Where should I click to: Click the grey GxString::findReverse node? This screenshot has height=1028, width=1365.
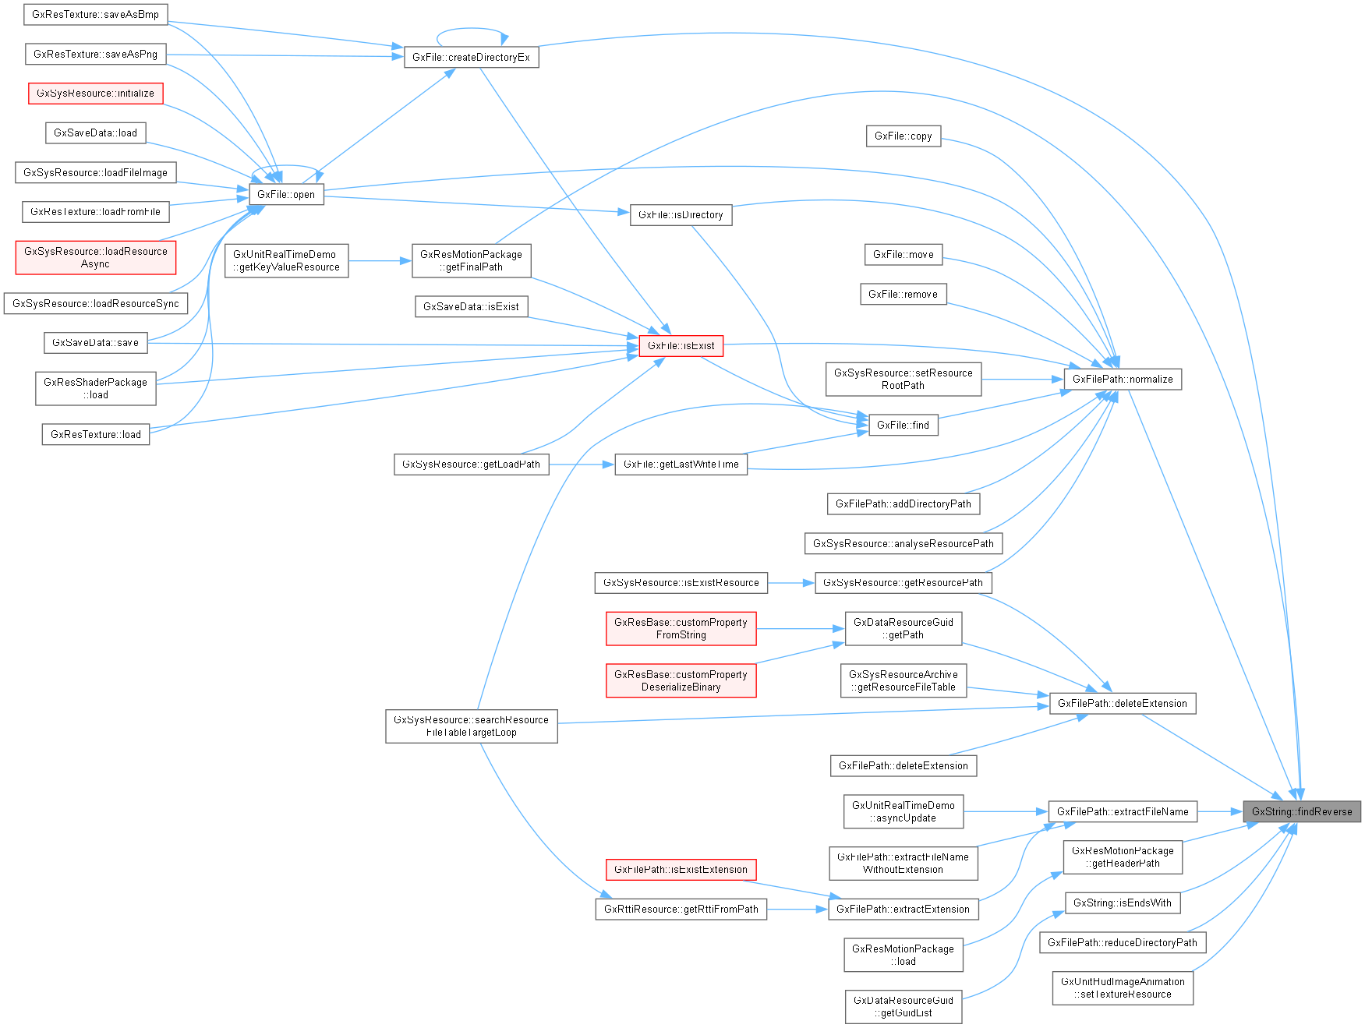pos(1301,811)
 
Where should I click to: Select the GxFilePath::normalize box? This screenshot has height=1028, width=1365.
pos(1122,379)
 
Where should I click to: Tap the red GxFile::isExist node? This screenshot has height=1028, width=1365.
pos(681,345)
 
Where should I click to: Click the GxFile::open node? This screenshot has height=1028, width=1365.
pos(285,194)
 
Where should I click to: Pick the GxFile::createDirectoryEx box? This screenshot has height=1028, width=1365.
pos(471,57)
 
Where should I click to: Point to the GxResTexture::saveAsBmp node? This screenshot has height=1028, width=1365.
pos(95,14)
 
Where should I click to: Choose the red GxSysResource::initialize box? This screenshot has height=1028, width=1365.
pos(95,93)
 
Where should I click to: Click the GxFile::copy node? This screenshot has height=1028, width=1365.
pos(903,136)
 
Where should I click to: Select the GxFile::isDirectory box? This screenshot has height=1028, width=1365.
pos(681,214)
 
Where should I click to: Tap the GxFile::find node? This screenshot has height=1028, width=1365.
pos(903,425)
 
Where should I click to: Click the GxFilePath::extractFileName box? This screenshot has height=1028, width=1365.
pos(1122,811)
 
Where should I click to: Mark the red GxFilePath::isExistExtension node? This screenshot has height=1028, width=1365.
pos(681,869)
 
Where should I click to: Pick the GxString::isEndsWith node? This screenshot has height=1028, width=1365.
pos(1122,903)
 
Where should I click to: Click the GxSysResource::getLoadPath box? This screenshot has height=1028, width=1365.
pos(471,464)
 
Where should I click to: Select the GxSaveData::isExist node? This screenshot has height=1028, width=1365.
pos(471,306)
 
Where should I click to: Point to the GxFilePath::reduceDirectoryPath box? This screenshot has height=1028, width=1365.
pos(1122,942)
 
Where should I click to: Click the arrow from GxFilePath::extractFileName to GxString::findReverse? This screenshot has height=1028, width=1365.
pos(1219,811)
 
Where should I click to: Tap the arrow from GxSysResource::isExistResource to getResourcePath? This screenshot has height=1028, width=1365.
pos(790,582)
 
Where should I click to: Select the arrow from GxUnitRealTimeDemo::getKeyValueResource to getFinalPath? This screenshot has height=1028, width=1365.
pos(379,261)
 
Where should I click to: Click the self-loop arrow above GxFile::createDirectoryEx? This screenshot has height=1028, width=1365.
pos(471,30)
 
